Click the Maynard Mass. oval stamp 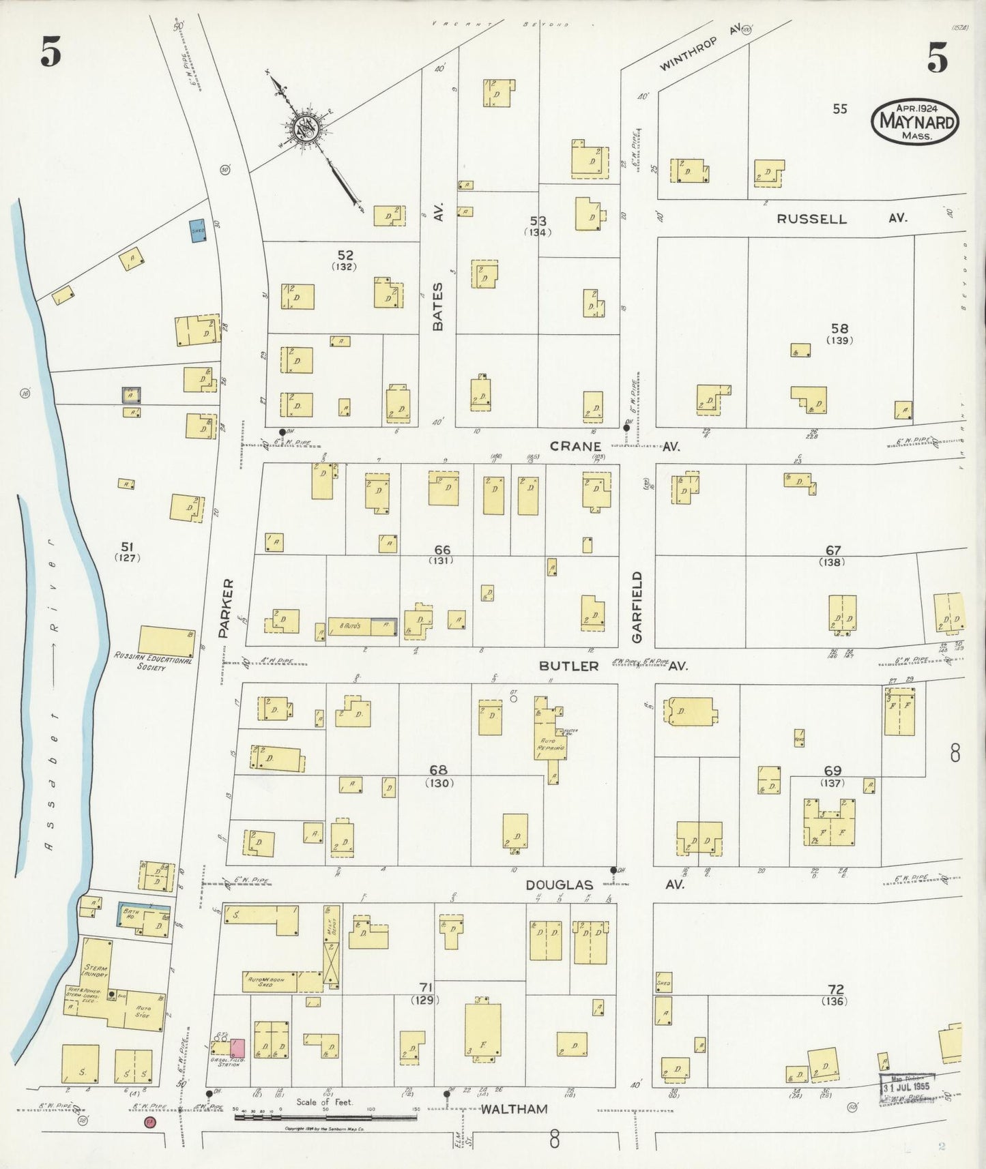point(915,121)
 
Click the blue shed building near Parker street point(197,231)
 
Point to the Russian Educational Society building point(166,641)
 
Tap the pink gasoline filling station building point(237,1048)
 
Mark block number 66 point(441,550)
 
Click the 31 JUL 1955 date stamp point(905,1084)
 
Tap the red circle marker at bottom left point(148,1122)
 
